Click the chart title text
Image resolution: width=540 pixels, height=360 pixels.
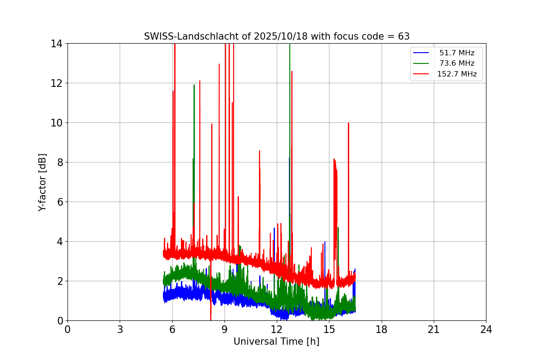pyautogui.click(x=276, y=36)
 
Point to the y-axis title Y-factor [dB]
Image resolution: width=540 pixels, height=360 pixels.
pyautogui.click(x=42, y=182)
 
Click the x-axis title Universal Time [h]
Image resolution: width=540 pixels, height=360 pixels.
pyautogui.click(x=276, y=342)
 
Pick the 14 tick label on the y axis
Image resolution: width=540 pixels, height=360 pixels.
pyautogui.click(x=56, y=44)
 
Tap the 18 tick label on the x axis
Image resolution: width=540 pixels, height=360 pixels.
pyautogui.click(x=382, y=329)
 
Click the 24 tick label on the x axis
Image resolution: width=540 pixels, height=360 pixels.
pyautogui.click(x=486, y=329)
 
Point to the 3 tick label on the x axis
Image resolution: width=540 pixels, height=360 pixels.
pyautogui.click(x=120, y=329)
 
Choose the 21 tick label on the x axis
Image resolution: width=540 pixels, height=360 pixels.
pyautogui.click(x=434, y=329)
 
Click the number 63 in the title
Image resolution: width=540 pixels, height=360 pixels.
pyautogui.click(x=404, y=36)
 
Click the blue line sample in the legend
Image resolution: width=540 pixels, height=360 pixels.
pyautogui.click(x=421, y=53)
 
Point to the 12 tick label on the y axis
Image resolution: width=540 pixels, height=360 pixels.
pyautogui.click(x=56, y=83)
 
